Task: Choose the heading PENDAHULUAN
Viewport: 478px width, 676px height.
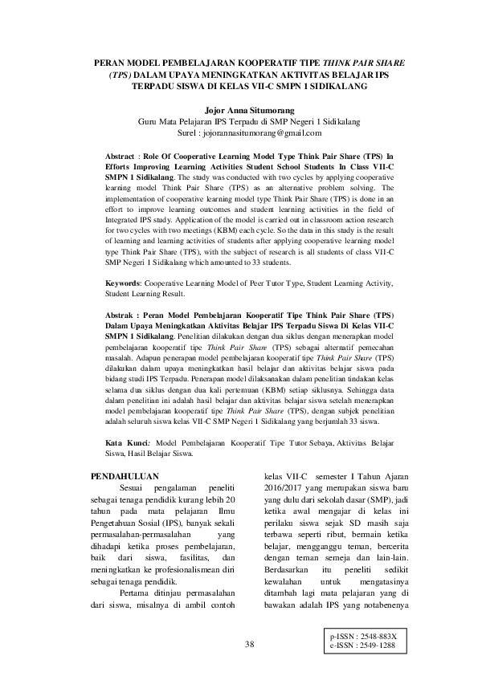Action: click(125, 477)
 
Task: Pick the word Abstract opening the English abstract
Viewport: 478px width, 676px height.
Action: click(123, 151)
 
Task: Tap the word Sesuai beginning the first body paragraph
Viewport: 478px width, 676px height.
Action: click(133, 489)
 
